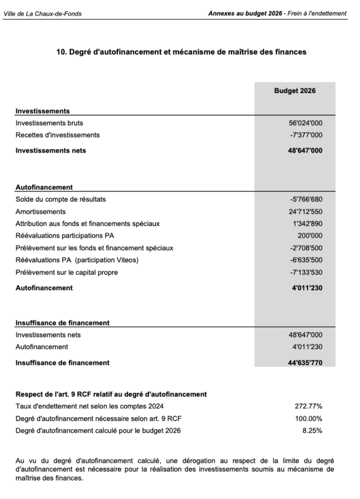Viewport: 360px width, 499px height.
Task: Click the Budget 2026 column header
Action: click(x=295, y=91)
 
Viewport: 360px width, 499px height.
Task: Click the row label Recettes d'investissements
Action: click(x=57, y=135)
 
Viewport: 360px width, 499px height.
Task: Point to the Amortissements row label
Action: click(x=40, y=212)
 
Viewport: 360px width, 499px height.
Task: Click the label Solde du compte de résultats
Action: click(x=60, y=199)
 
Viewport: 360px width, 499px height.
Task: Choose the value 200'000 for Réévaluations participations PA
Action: click(x=309, y=236)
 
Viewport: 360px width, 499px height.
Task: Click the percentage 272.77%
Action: click(x=308, y=406)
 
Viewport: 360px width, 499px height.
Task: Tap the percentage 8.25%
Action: click(x=312, y=430)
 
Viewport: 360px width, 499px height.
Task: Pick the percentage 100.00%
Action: click(x=308, y=418)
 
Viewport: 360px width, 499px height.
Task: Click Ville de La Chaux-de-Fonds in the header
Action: click(x=42, y=14)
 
